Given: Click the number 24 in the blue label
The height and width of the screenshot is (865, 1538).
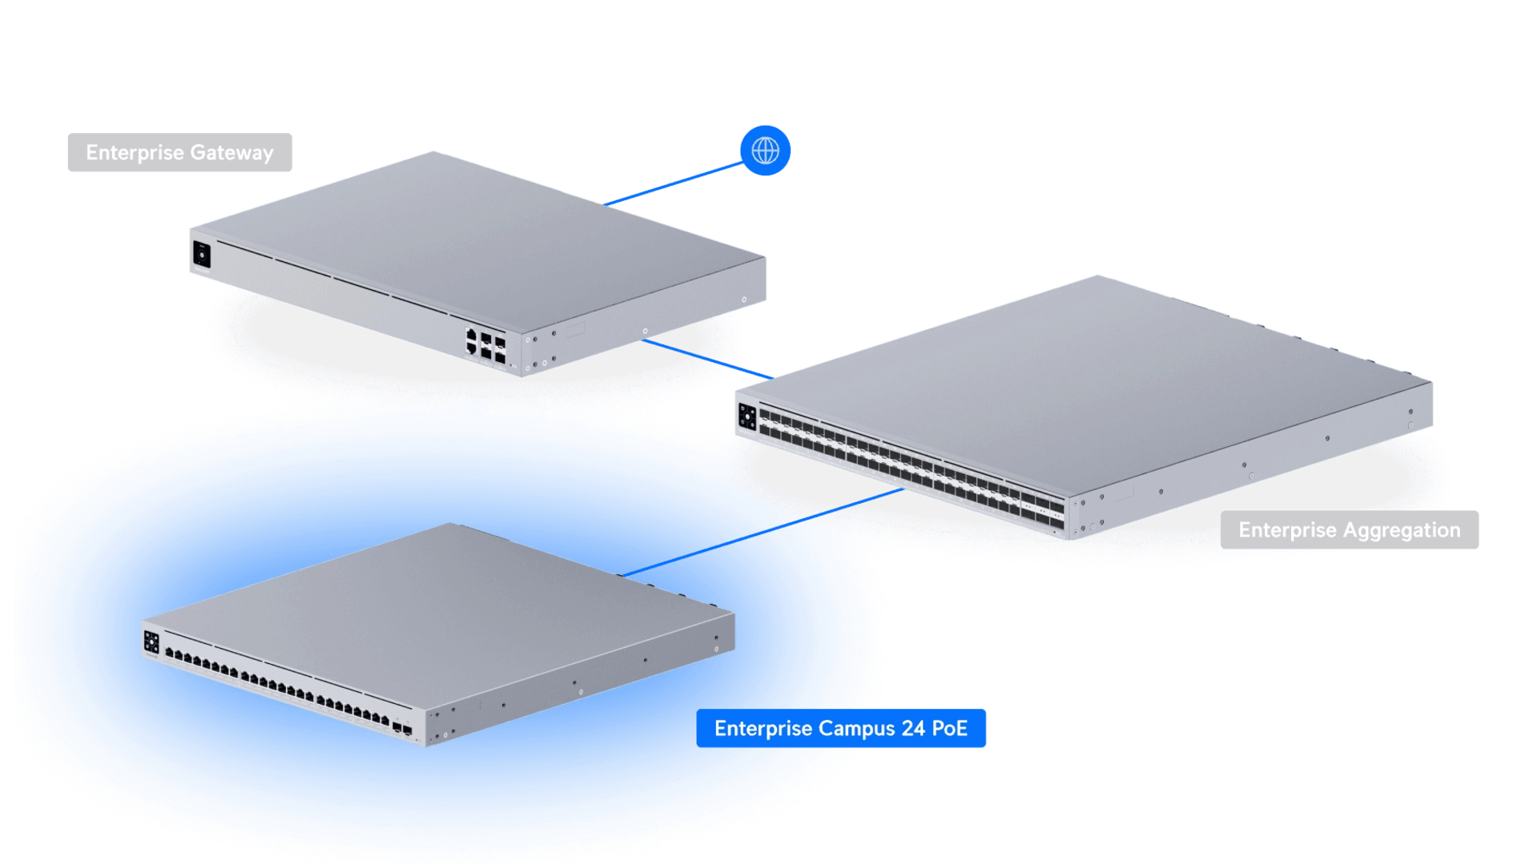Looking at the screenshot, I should [913, 729].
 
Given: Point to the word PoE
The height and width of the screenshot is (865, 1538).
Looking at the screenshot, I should [950, 729].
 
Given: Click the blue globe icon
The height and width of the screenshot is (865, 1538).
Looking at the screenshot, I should [766, 150].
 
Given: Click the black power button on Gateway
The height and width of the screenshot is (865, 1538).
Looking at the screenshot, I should [201, 255].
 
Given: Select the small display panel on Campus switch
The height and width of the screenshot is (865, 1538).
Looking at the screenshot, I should [151, 642].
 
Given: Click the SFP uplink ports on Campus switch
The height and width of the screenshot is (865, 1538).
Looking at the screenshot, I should [402, 729].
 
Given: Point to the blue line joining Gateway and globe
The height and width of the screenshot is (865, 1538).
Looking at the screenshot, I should [673, 184].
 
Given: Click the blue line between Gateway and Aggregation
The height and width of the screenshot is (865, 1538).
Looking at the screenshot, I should [705, 359].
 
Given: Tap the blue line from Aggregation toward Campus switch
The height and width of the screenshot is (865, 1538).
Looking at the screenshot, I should [853, 506].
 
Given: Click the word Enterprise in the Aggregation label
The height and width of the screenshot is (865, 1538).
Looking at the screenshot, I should [1287, 530].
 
